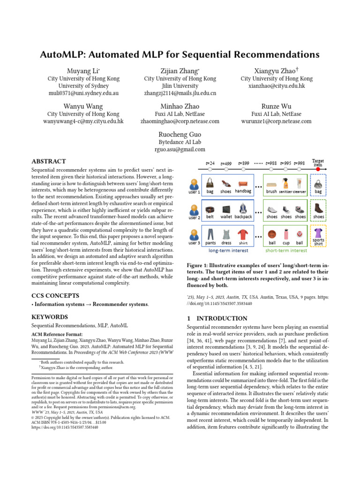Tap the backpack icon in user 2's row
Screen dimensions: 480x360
tap(243, 208)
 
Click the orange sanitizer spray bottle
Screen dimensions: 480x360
tap(285, 182)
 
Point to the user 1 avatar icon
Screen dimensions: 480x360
tap(194, 183)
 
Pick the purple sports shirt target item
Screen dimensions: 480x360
tap(318, 233)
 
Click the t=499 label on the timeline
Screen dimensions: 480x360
tap(225, 163)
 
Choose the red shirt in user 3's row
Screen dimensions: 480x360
tap(243, 234)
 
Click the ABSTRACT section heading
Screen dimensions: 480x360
tap(48, 161)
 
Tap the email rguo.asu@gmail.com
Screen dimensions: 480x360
tap(180, 150)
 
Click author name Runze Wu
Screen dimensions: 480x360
tap(276, 106)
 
